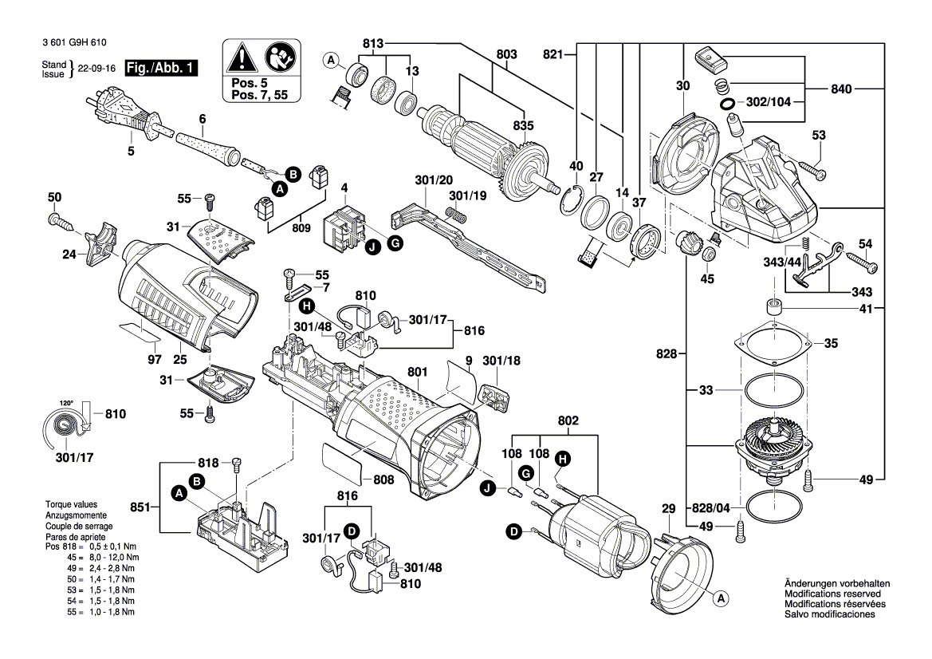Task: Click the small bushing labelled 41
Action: (772, 307)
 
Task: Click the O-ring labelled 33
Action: (773, 392)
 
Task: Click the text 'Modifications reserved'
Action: (832, 594)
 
